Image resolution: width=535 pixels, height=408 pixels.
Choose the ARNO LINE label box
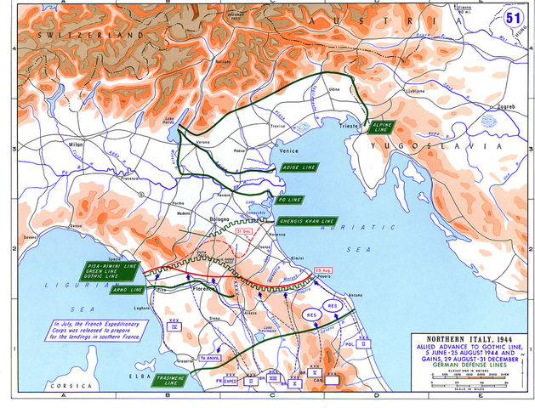[x=128, y=290]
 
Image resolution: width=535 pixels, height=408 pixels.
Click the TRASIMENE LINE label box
[x=170, y=380]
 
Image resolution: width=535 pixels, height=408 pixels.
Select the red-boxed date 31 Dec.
[x=219, y=230]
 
